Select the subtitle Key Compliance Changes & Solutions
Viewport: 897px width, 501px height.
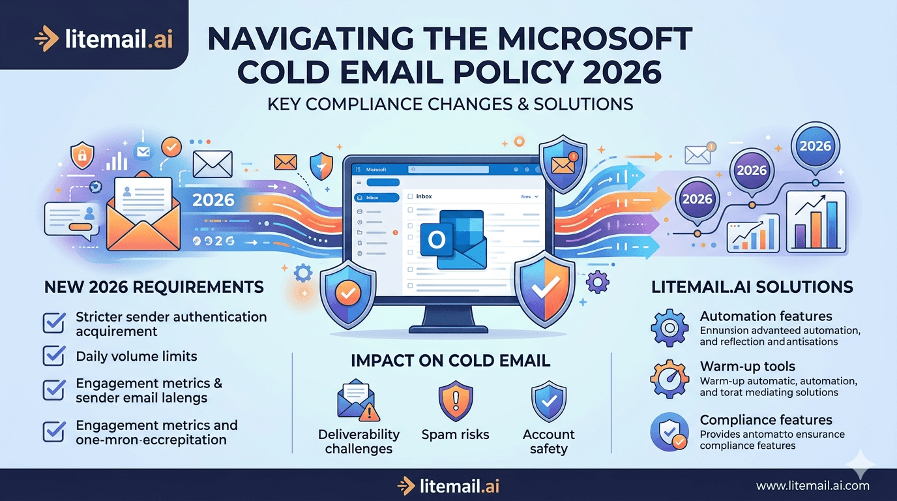pyautogui.click(x=450, y=104)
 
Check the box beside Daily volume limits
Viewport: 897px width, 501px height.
pyautogui.click(x=53, y=356)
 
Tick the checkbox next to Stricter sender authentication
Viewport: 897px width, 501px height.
pyautogui.click(x=53, y=323)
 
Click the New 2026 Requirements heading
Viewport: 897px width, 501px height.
pyautogui.click(x=154, y=287)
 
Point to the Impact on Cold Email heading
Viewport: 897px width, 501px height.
pyautogui.click(x=450, y=361)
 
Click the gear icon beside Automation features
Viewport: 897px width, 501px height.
pyautogui.click(x=669, y=328)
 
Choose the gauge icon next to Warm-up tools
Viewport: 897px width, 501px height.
pyautogui.click(x=669, y=378)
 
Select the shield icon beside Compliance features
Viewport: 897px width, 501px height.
pyautogui.click(x=669, y=431)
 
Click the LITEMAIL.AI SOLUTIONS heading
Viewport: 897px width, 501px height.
pyautogui.click(x=752, y=287)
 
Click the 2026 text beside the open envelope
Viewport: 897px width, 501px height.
pyautogui.click(x=214, y=200)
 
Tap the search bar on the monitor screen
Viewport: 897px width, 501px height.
pyautogui.click(x=456, y=169)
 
